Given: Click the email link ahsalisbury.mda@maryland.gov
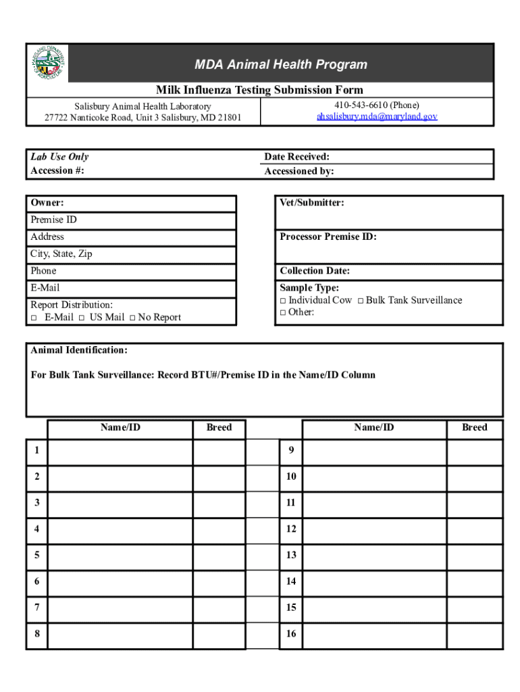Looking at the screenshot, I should click(377, 116).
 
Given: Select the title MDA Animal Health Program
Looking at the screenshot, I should click(281, 65).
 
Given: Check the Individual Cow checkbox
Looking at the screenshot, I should click(283, 301).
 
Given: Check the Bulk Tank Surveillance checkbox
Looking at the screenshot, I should click(361, 301).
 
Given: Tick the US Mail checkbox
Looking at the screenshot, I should click(81, 318).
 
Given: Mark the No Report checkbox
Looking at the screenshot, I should click(132, 318).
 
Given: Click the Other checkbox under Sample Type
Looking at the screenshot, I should click(283, 312).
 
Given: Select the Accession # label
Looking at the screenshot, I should click(57, 170).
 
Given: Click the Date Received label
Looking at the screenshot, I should click(296, 157).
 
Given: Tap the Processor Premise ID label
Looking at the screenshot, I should click(328, 237).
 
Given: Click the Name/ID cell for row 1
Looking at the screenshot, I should click(120, 452).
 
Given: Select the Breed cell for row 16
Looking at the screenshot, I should click(474, 635).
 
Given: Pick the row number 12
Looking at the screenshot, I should click(290, 528).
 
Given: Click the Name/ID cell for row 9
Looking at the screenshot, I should click(373, 452).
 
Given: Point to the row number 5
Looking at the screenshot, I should click(36, 555).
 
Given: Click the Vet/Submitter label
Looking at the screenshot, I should click(312, 203).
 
